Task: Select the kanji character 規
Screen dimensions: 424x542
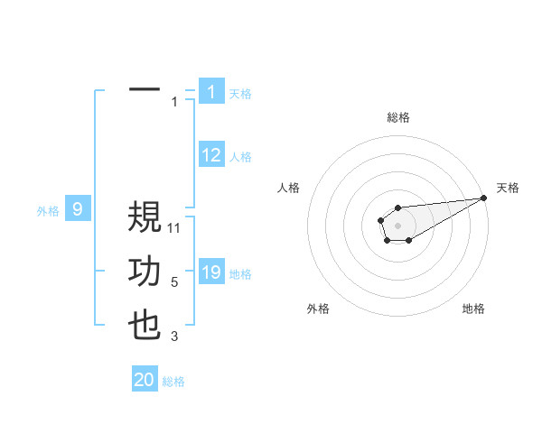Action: tap(145, 218)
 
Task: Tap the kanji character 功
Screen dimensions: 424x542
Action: tap(145, 272)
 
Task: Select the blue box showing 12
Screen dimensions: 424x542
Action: tap(210, 155)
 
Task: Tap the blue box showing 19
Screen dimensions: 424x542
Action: tap(210, 272)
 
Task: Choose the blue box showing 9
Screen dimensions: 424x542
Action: tap(78, 210)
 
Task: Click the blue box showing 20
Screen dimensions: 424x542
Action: tap(145, 380)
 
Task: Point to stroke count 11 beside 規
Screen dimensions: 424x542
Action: tap(174, 227)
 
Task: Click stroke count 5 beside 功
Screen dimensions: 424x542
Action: tap(174, 282)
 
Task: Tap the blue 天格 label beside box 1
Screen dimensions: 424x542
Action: tap(240, 93)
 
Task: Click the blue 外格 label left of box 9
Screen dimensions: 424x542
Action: tap(48, 211)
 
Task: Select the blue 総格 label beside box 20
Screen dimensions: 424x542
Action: tap(173, 382)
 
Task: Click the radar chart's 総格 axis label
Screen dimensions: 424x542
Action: tap(397, 117)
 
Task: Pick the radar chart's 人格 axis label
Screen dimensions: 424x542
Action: tap(289, 187)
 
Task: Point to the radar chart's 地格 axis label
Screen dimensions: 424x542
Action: tap(473, 309)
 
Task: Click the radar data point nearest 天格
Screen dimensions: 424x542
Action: tap(483, 198)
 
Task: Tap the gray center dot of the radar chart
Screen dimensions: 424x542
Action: tap(397, 224)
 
